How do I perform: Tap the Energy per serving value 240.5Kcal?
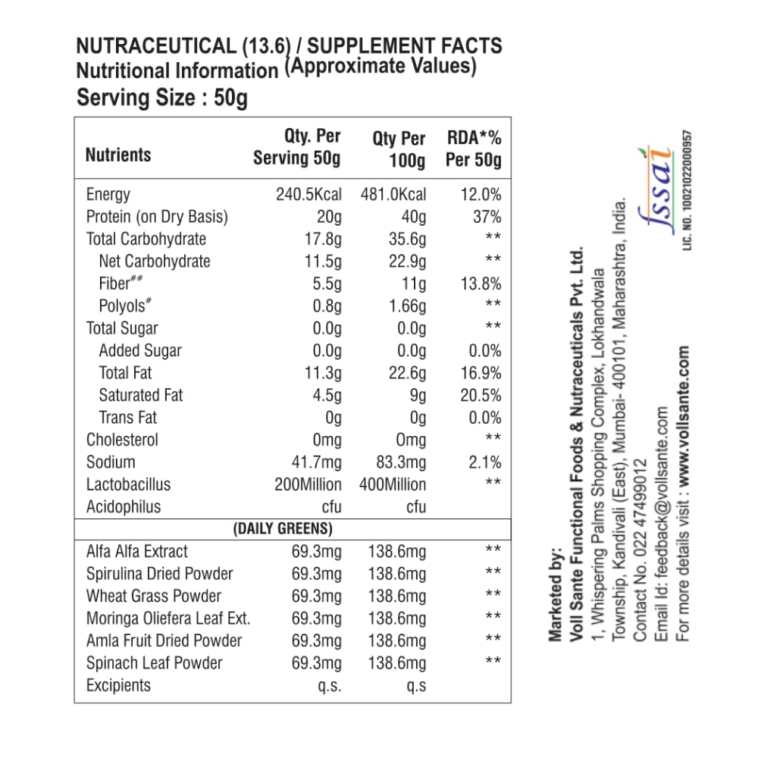309,194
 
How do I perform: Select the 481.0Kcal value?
393,194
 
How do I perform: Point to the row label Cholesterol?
122,440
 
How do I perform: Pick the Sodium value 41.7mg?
317,462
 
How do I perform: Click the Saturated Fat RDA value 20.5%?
481,395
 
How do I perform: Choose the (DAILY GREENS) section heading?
283,528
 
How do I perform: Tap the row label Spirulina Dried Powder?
159,574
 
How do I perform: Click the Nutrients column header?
118,155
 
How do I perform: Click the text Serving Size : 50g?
162,99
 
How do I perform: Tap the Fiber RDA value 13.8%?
481,284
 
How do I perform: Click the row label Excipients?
118,685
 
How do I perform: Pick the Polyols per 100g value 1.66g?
406,306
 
